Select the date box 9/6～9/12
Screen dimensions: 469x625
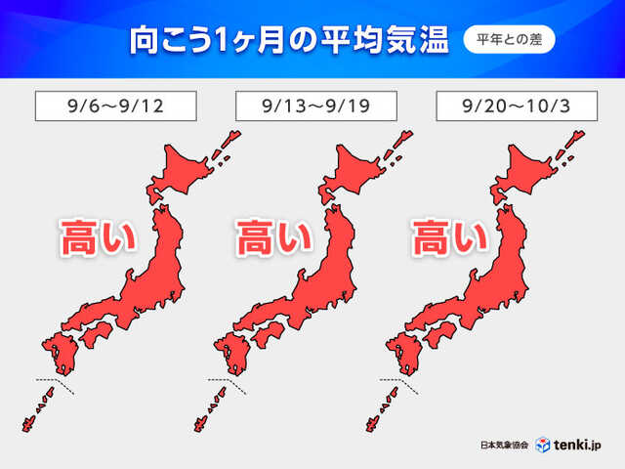115,106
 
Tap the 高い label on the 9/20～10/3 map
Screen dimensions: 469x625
450,237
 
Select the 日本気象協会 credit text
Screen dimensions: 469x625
505,446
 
